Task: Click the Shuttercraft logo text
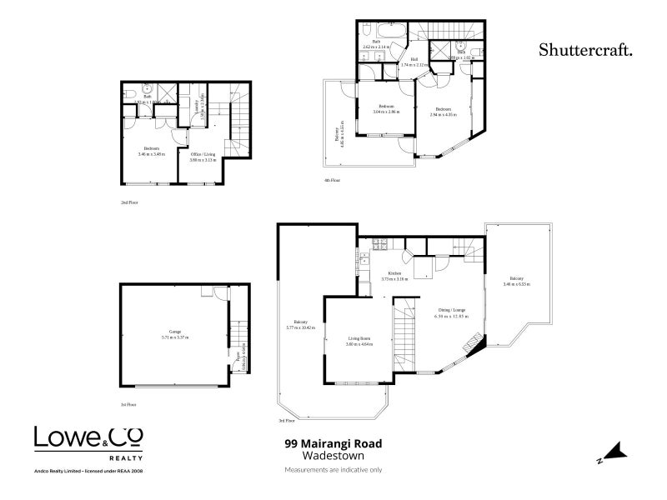click(584, 49)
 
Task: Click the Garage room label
click(175, 332)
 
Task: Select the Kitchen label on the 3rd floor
click(394, 272)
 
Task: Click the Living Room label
click(359, 338)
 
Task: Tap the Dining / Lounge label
click(449, 310)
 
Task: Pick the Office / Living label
click(203, 154)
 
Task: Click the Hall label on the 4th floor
click(414, 59)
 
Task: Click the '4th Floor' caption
click(333, 180)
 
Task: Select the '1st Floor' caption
click(128, 404)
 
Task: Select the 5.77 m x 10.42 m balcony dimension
click(301, 327)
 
